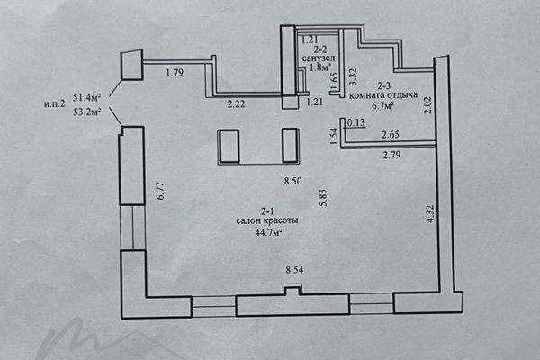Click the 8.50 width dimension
pos(293,181)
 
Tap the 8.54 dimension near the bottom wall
pos(294,270)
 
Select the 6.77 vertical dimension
pos(160,191)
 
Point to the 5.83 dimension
pos(323,198)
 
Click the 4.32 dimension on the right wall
pos(430,214)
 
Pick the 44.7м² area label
pos(268,232)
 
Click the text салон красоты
pos(267,220)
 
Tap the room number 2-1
pos(267,211)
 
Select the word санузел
pos(319,58)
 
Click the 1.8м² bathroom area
pos(320,67)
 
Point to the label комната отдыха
pos(383,95)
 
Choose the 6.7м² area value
pos(382,105)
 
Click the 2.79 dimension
pos(391,155)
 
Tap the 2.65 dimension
pos(391,134)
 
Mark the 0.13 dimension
pos(356,122)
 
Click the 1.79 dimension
pos(175,73)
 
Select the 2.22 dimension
pos(236,103)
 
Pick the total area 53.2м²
pos(86,112)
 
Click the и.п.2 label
pos(54,104)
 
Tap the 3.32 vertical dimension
pos(354,77)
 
